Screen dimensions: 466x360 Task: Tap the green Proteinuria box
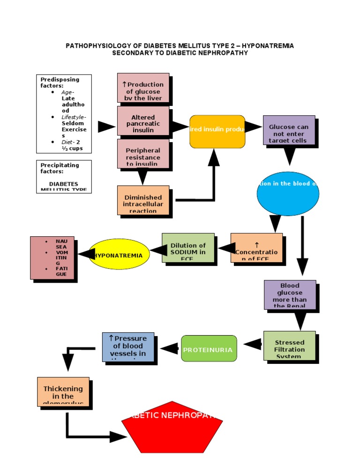coord(207,349)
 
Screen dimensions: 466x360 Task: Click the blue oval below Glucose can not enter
coord(288,194)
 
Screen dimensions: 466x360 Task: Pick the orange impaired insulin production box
coord(217,131)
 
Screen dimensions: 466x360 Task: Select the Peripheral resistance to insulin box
coord(143,153)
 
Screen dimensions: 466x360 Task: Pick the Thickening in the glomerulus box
coord(63,391)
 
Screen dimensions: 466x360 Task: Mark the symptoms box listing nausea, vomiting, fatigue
coord(52,258)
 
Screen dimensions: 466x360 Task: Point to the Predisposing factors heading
coord(60,83)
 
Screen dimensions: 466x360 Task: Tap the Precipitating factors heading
coord(60,168)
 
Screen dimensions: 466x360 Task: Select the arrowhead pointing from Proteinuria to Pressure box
coord(170,348)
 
